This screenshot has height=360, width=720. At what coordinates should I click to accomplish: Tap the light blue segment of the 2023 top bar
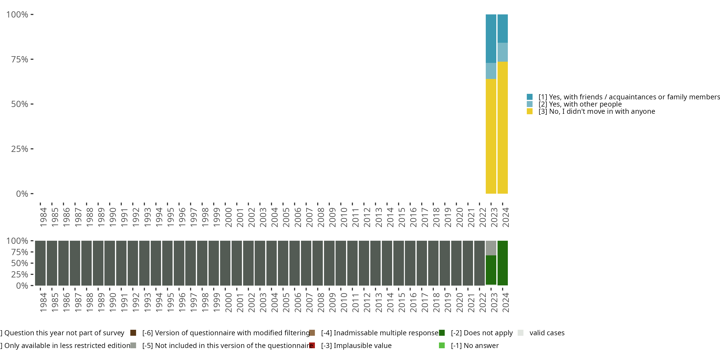tap(491, 71)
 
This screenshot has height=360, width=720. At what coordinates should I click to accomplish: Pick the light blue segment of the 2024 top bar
tap(503, 52)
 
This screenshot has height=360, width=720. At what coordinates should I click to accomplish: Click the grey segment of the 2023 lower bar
tap(491, 248)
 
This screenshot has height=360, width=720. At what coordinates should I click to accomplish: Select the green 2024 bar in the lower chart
tap(503, 263)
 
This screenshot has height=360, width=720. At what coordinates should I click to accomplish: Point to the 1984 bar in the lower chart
tap(40, 263)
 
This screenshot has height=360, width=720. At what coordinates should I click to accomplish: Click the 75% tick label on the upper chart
tap(20, 60)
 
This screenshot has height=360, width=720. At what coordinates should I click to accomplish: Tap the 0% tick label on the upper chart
tap(22, 194)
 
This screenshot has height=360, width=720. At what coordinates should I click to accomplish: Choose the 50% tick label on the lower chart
tap(20, 263)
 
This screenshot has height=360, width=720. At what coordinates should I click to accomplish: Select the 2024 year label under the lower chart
tap(505, 302)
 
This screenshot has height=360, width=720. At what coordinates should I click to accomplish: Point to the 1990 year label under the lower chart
tap(113, 302)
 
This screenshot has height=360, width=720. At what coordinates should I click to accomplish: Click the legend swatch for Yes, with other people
tap(530, 104)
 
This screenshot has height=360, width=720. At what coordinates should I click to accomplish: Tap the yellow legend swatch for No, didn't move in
tap(530, 111)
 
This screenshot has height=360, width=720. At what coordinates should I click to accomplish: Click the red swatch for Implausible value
tap(312, 345)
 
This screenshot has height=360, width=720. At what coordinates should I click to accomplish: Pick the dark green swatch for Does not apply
tap(442, 333)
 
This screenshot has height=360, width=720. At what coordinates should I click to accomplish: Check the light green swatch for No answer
tap(442, 345)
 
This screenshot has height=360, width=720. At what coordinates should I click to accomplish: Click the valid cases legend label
tap(547, 333)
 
